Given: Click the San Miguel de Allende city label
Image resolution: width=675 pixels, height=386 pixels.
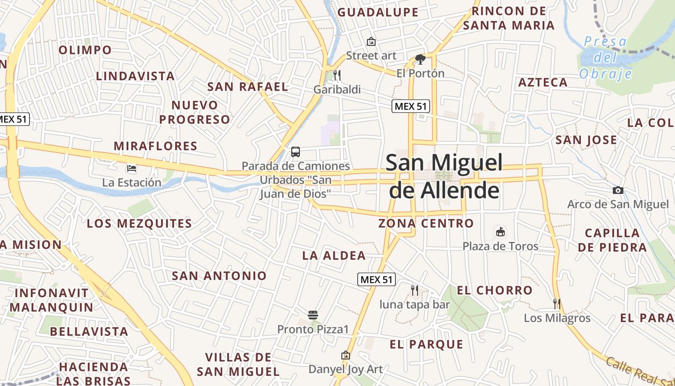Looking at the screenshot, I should [444, 177].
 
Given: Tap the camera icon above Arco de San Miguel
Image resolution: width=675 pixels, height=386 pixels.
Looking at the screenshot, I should [618, 191].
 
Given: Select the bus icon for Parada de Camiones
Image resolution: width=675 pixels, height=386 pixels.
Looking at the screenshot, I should [296, 152].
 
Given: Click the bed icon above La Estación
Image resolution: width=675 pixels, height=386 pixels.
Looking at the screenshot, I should [131, 168].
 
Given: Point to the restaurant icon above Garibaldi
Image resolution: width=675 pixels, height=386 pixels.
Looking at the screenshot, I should [337, 75].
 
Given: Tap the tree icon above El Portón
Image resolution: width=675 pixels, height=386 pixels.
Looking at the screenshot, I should [420, 59].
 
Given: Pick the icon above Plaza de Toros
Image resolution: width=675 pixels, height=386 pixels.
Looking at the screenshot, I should [500, 232].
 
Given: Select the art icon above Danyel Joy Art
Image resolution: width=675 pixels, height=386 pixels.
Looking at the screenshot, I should [345, 356].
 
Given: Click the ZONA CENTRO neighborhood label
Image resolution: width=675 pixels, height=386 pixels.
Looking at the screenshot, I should [426, 223].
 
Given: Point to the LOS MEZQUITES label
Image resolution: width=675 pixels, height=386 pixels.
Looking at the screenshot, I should [139, 224].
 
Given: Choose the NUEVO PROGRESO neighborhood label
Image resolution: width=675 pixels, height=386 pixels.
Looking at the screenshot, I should [195, 112].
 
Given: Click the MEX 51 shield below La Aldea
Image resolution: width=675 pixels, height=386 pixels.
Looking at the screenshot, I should [377, 279].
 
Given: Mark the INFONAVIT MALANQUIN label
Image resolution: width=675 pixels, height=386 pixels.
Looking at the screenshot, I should [52, 300].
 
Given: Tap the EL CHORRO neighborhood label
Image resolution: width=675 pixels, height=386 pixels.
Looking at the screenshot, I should [494, 290].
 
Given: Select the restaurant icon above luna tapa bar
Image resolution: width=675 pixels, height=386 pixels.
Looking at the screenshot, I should [414, 290].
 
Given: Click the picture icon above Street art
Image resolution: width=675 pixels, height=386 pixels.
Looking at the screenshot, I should [371, 41].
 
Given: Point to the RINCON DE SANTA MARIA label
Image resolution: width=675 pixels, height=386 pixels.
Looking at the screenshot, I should [509, 18].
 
